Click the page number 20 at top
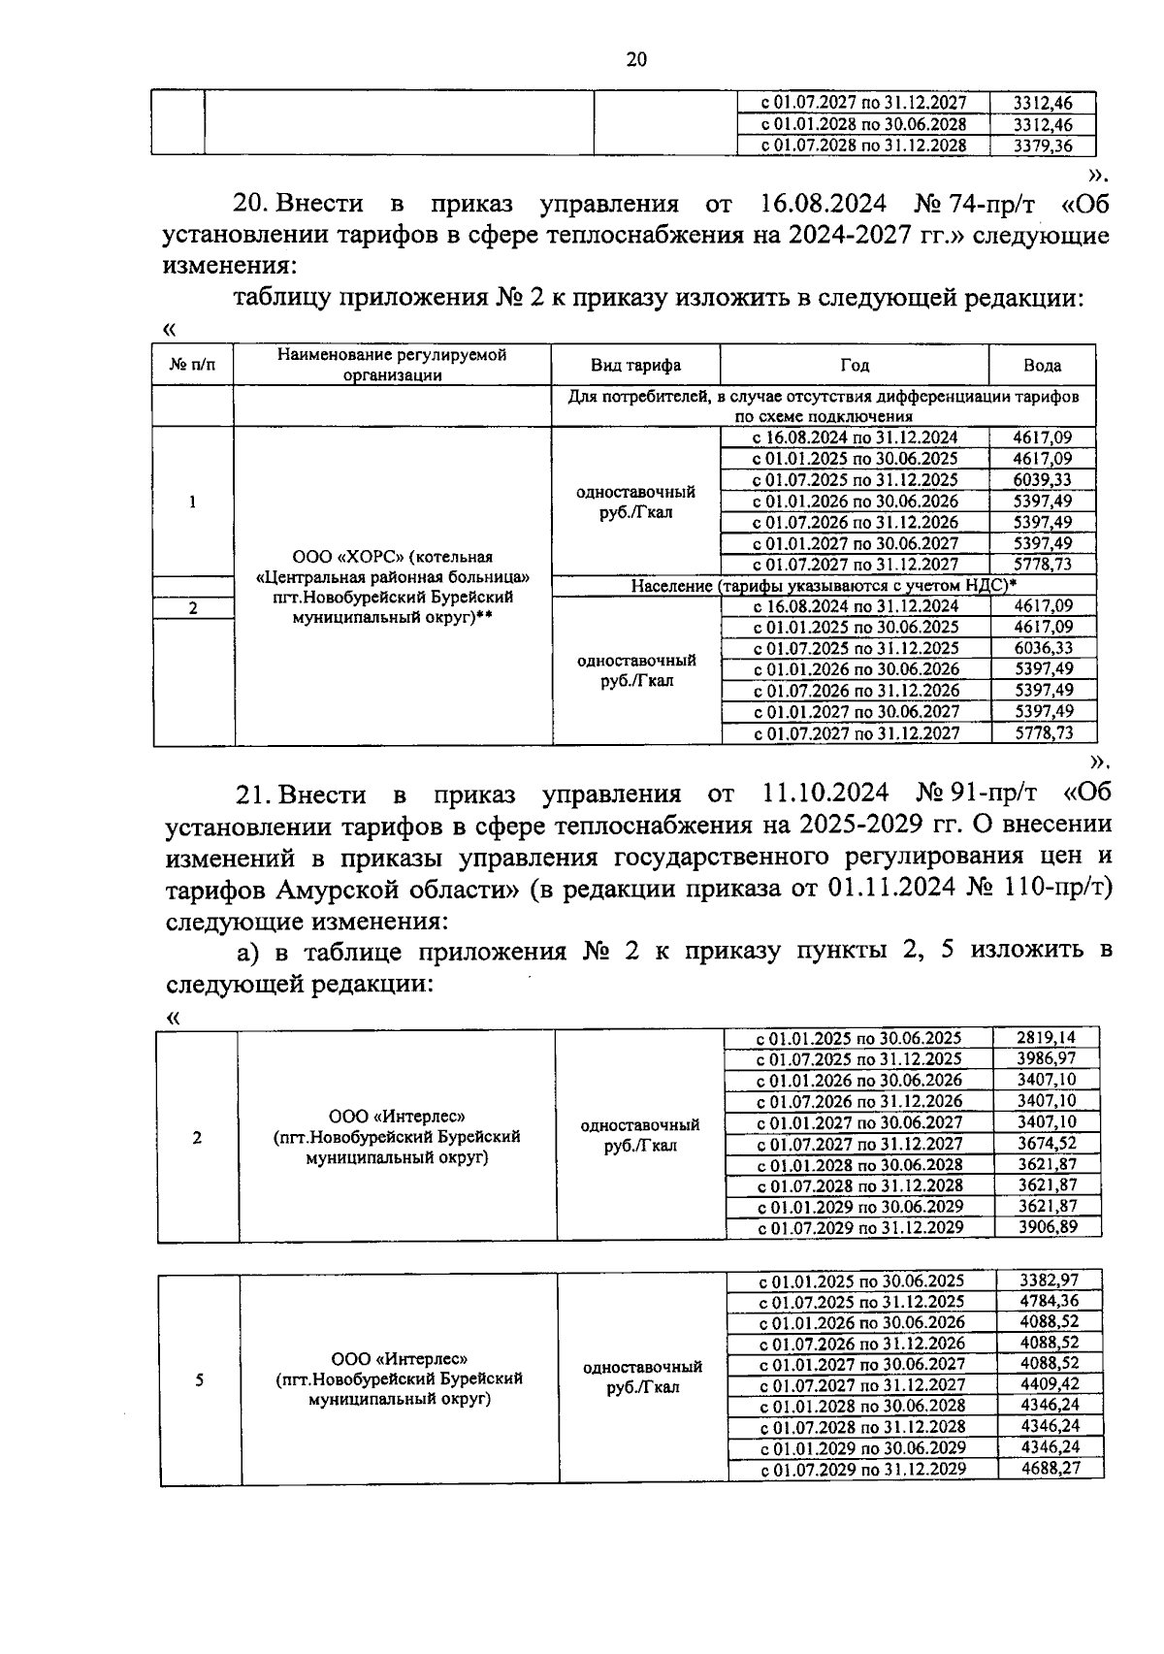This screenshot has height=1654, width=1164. click(x=635, y=60)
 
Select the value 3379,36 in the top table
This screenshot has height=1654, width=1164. click(x=1042, y=146)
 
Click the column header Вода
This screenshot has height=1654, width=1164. click(x=1042, y=366)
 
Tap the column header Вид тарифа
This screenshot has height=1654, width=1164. click(x=635, y=365)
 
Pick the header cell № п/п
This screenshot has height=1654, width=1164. click(x=192, y=365)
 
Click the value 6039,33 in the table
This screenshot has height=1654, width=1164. click(x=1042, y=480)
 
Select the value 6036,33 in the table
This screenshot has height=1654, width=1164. click(x=1043, y=648)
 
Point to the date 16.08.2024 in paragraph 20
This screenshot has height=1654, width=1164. click(x=818, y=204)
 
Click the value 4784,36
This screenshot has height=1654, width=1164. click(x=1049, y=1301)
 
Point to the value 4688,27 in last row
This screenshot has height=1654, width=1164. click(x=1050, y=1469)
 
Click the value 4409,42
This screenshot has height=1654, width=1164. click(x=1049, y=1384)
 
